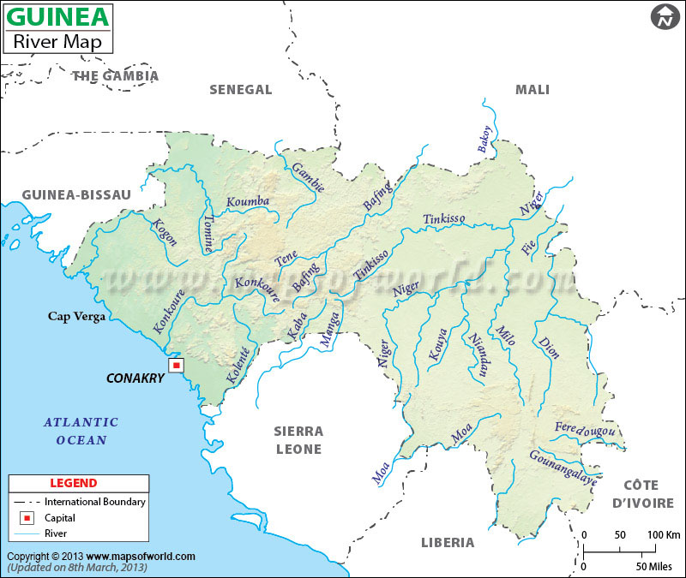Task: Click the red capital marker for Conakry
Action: point(176,366)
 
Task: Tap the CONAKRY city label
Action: point(135,378)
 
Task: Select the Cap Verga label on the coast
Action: point(76,317)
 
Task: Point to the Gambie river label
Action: point(309,176)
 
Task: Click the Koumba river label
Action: point(248,202)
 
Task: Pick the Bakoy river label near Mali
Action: point(484,140)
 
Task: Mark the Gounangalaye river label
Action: point(563,468)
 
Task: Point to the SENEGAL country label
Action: point(241,90)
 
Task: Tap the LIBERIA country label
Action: point(448,542)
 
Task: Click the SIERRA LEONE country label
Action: point(298,440)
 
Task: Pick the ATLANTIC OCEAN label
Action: point(81,431)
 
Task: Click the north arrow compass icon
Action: point(664,16)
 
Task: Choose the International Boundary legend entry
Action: point(94,502)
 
